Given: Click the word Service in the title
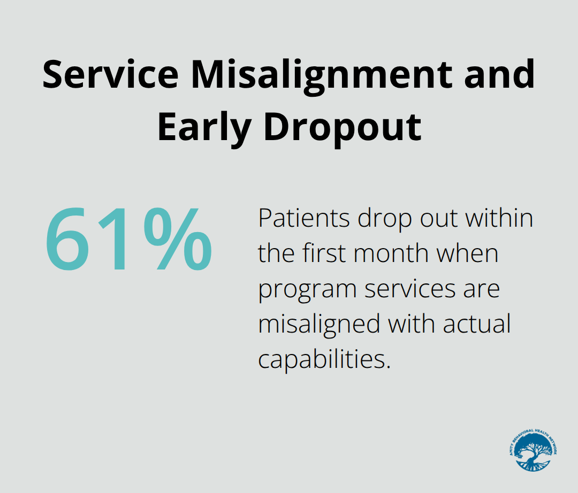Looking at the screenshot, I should coord(110,74).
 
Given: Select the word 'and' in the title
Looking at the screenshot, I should coord(499,74).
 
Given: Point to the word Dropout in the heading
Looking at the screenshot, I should coord(343,127).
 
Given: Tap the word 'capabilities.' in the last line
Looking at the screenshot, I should coord(323,359).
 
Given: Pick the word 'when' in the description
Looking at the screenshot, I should coord(467,254).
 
